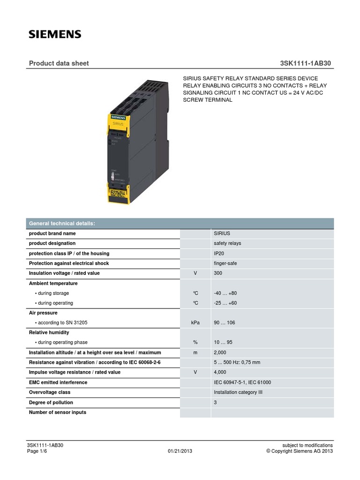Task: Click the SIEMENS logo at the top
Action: (x=55, y=34)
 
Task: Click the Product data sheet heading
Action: (x=59, y=63)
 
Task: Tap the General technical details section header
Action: (x=62, y=224)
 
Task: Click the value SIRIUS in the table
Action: (x=222, y=233)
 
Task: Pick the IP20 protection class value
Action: (x=220, y=254)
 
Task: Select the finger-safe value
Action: (x=225, y=263)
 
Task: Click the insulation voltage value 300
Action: (x=218, y=273)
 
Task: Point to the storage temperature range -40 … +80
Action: (x=225, y=293)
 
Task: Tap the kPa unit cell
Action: (x=195, y=323)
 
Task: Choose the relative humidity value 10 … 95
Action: (x=224, y=343)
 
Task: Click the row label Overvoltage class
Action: (x=50, y=392)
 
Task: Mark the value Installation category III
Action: (x=238, y=392)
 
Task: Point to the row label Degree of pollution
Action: (x=51, y=403)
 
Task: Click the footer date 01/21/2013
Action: (x=180, y=451)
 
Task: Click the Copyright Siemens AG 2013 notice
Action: (x=300, y=451)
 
